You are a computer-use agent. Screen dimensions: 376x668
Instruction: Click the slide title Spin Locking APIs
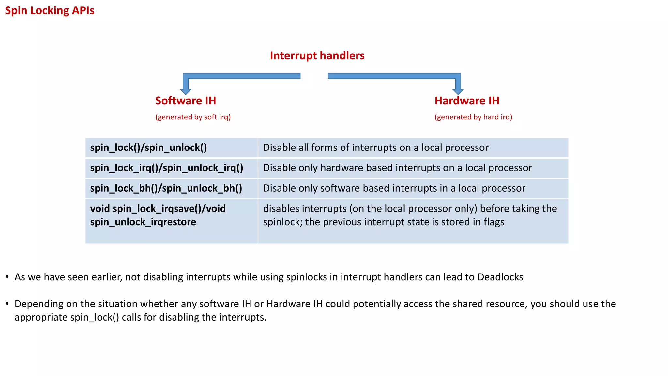pyautogui.click(x=50, y=10)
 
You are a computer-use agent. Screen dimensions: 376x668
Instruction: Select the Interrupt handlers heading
pyautogui.click(x=317, y=55)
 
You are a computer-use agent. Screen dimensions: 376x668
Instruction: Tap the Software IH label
pyautogui.click(x=186, y=101)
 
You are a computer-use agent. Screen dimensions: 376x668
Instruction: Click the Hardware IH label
pyautogui.click(x=467, y=101)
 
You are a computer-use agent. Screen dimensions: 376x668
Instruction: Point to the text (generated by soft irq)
pyautogui.click(x=193, y=117)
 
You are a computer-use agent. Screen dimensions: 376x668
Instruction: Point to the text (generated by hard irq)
pyautogui.click(x=473, y=117)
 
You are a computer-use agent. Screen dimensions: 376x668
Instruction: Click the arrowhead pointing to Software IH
pyautogui.click(x=186, y=91)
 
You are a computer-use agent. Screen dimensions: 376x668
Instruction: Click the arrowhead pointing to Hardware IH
pyautogui.click(x=458, y=91)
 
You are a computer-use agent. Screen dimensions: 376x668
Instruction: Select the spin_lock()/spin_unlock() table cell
pyautogui.click(x=148, y=148)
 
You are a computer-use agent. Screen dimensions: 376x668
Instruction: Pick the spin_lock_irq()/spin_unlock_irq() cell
pyautogui.click(x=167, y=168)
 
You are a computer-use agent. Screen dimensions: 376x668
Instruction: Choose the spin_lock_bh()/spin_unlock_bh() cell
pyautogui.click(x=166, y=188)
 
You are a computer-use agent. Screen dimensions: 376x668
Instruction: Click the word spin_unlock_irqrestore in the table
pyautogui.click(x=143, y=222)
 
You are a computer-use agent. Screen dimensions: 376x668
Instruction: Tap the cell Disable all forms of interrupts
pyautogui.click(x=376, y=148)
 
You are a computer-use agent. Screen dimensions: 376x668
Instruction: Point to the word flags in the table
pyautogui.click(x=493, y=222)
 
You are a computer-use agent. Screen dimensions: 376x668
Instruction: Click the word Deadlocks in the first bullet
pyautogui.click(x=500, y=277)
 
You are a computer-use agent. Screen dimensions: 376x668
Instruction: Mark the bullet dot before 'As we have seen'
pyautogui.click(x=7, y=277)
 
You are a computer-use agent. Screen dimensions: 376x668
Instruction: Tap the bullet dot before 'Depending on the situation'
pyautogui.click(x=7, y=304)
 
